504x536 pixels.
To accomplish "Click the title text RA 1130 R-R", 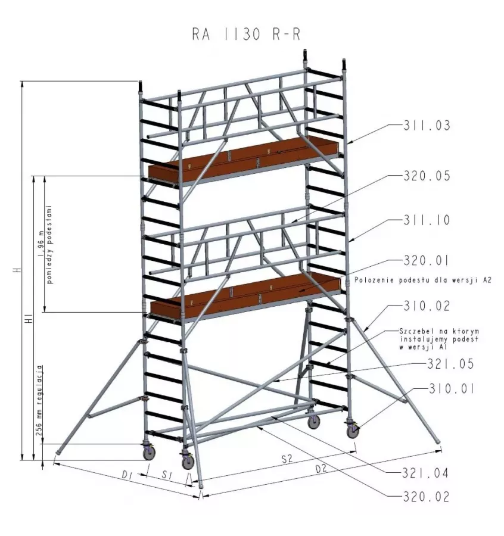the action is point(246,35).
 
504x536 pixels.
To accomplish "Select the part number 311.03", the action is point(427,126).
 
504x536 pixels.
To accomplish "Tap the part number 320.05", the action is point(427,176).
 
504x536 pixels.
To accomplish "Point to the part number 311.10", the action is point(427,220).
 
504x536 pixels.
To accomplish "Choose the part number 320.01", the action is point(426,260).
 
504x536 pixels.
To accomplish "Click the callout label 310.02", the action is point(427,306).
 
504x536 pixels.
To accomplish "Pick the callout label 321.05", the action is point(450,364).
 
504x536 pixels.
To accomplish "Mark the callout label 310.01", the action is point(452,389).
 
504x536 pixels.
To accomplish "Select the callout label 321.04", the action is point(425,473).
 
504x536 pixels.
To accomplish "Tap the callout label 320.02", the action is point(426,496).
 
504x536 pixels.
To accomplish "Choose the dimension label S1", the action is point(167,475).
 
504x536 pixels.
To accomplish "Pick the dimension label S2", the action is point(287,459).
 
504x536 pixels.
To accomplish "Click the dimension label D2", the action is point(321,469).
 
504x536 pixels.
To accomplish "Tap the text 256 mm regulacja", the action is point(40,401).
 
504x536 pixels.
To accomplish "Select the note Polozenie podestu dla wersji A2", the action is point(422,280).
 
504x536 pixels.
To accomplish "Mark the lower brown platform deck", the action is point(245,293).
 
